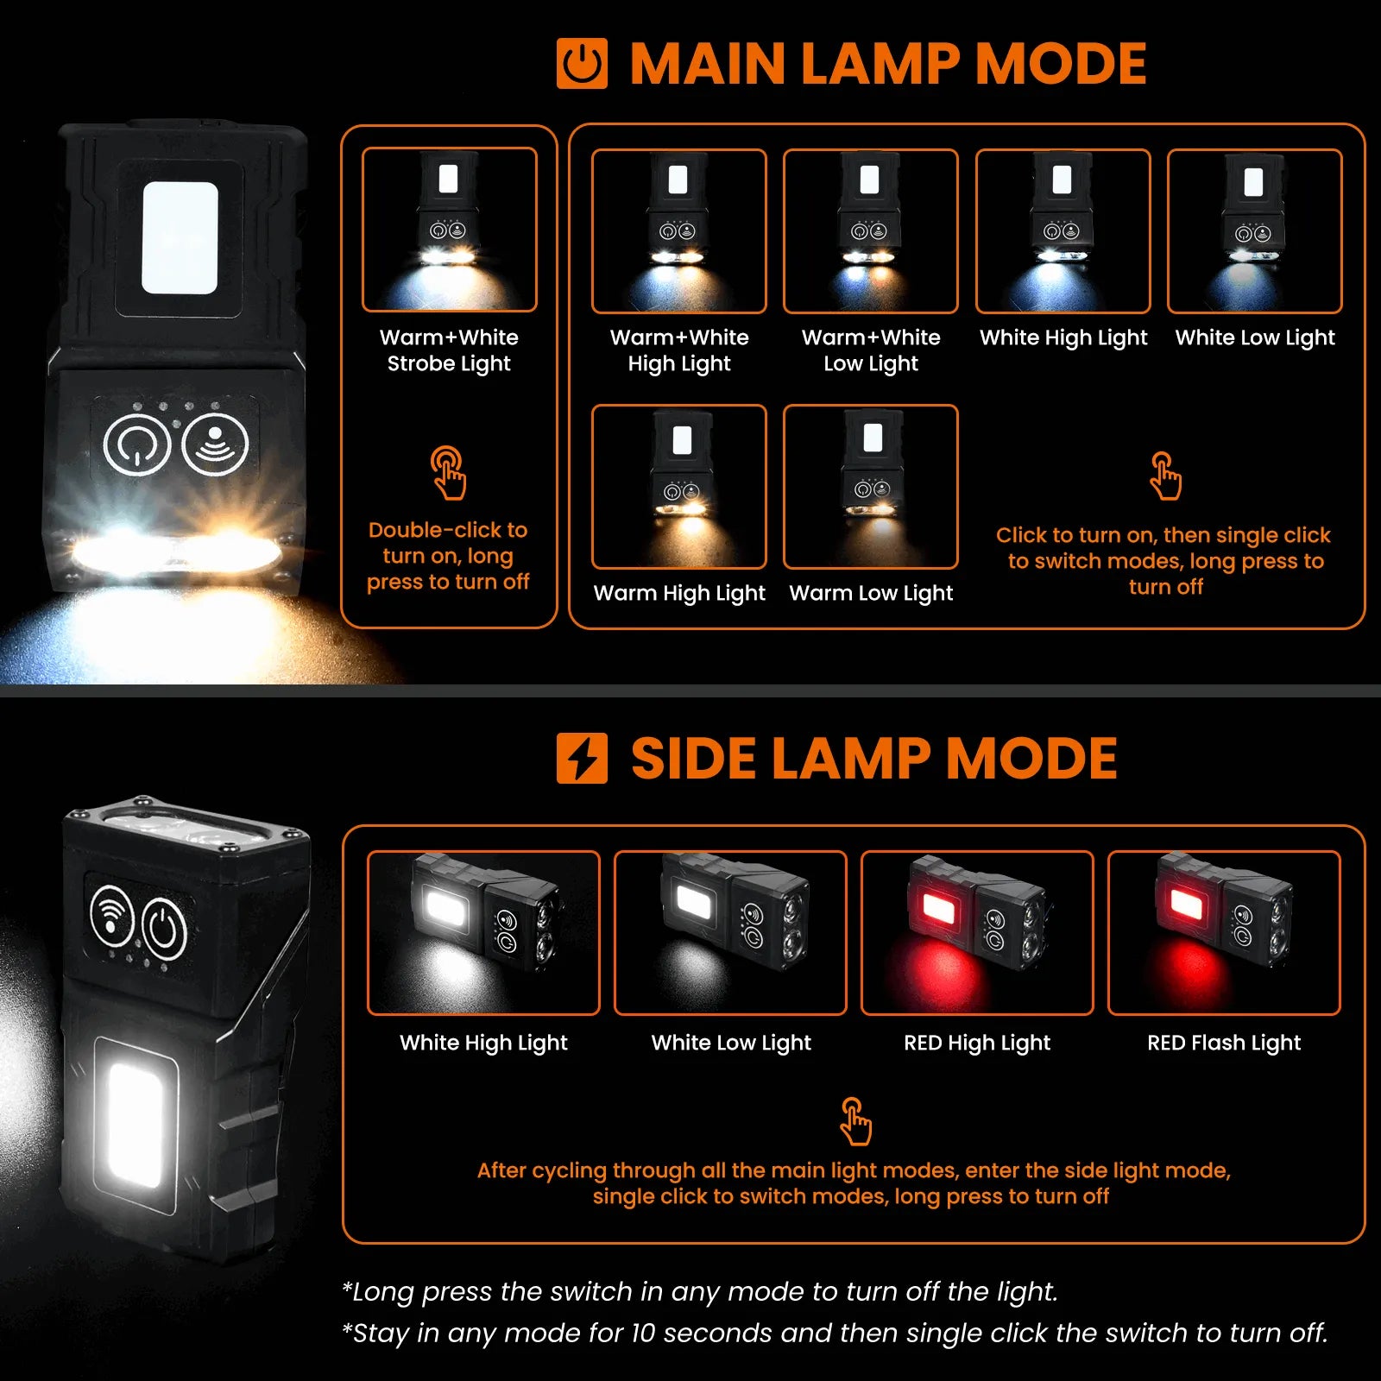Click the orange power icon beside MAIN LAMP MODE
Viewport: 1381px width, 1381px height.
[x=582, y=64]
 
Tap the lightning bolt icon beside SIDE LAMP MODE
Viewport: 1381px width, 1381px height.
[x=582, y=758]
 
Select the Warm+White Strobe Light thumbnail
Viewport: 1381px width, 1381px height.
[x=450, y=230]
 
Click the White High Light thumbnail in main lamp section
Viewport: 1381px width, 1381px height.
[x=1063, y=230]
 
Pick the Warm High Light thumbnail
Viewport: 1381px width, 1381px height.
[x=679, y=487]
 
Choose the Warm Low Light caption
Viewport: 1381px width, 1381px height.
[x=871, y=593]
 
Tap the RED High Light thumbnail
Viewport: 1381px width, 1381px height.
[x=977, y=933]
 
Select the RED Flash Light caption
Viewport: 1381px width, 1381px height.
[x=1224, y=1043]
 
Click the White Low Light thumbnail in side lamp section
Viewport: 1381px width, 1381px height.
[x=730, y=933]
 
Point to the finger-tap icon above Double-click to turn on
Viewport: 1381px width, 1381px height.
[x=448, y=473]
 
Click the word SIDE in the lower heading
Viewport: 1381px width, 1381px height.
[x=695, y=759]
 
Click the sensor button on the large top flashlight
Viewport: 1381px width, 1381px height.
[x=215, y=444]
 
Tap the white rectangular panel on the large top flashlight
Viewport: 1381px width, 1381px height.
[x=180, y=237]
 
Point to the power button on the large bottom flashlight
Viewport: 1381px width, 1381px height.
[x=163, y=930]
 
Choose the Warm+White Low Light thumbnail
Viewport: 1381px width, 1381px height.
[x=871, y=230]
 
